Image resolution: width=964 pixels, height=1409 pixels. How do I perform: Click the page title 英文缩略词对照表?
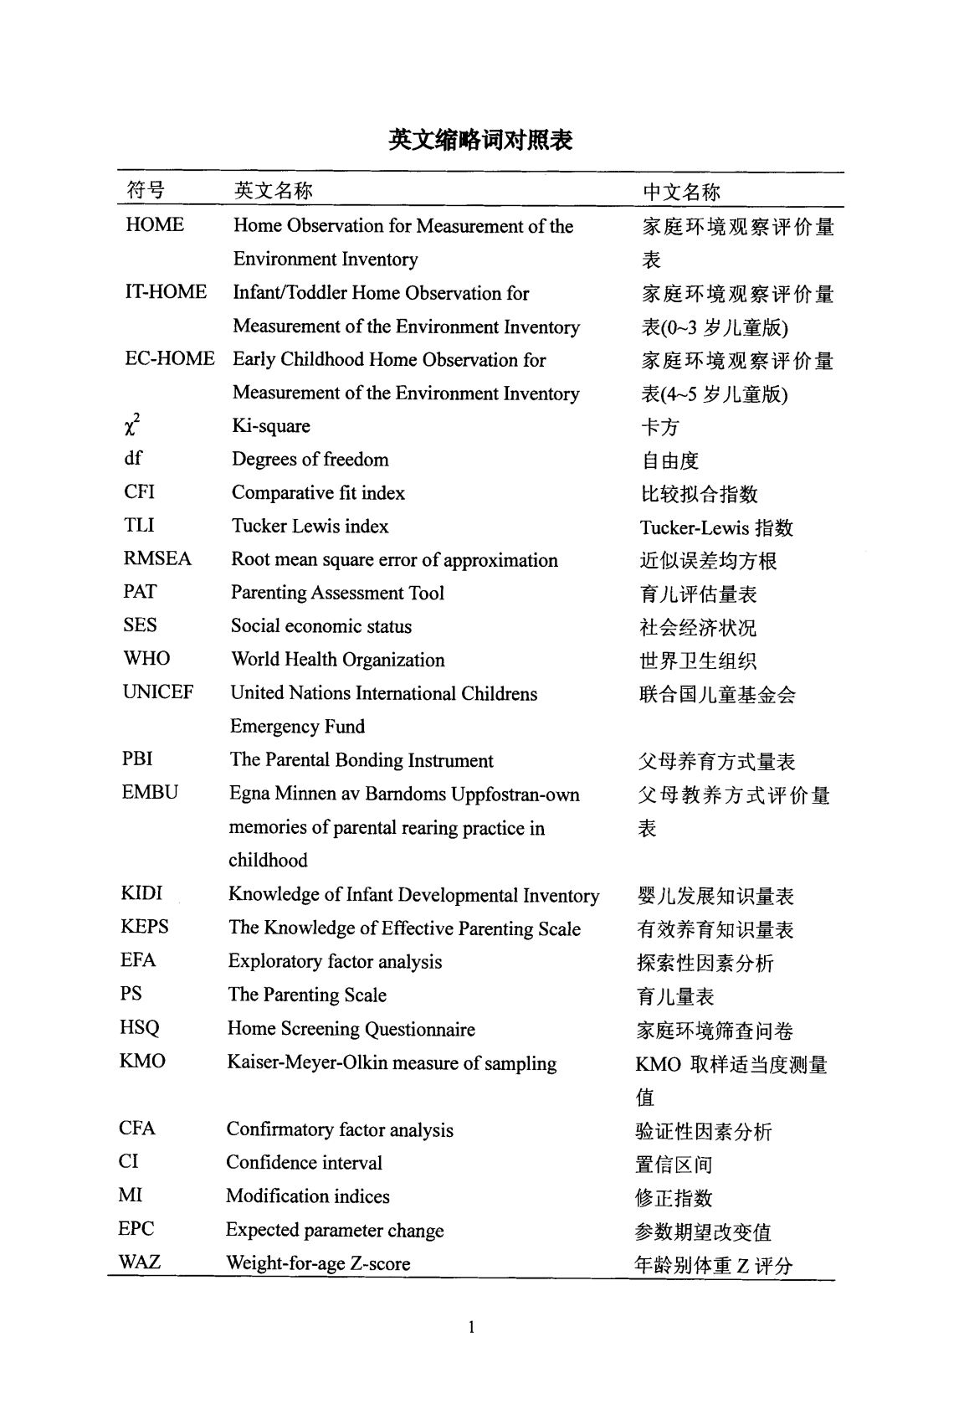[480, 139]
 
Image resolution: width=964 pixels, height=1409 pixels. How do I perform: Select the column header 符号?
[146, 191]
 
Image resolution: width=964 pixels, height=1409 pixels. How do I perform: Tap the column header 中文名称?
[680, 193]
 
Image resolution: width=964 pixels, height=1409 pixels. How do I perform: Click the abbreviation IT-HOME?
[166, 292]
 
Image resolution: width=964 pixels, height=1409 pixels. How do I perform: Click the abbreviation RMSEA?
[157, 559]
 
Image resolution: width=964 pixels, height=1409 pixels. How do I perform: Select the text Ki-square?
[271, 426]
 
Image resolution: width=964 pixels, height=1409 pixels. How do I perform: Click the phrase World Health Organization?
[338, 660]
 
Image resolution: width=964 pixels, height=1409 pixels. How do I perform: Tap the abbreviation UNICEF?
[158, 692]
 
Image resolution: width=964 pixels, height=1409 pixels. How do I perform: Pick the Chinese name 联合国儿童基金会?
[717, 695]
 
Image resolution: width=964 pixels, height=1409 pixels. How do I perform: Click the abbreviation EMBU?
[150, 793]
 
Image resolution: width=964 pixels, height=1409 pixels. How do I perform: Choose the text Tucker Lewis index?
[310, 527]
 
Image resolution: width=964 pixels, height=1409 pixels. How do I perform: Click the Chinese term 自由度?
[669, 460]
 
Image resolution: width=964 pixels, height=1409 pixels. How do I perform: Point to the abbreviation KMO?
[142, 1062]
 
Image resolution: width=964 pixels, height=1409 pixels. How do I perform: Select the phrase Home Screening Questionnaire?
[351, 1029]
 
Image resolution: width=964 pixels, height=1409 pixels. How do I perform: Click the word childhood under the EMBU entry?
[268, 861]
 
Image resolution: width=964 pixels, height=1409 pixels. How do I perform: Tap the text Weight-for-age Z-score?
[318, 1263]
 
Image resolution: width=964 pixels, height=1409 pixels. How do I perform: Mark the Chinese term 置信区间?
[674, 1165]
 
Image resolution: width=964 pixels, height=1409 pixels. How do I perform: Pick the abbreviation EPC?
[136, 1229]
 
